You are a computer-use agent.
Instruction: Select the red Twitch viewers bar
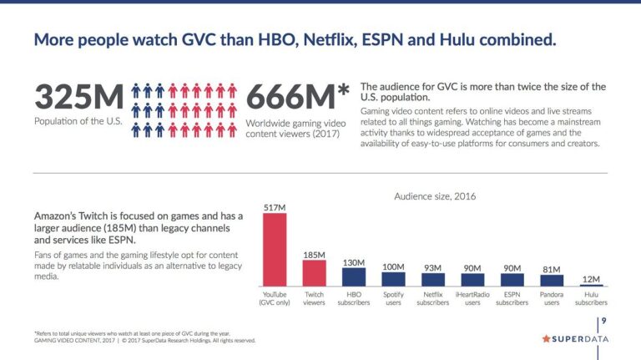coord(315,273)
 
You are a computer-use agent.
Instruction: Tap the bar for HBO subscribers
coord(354,277)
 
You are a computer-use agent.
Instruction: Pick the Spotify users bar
coord(393,280)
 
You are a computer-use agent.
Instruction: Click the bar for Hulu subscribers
coord(590,286)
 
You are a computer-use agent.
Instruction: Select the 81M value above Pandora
coord(551,268)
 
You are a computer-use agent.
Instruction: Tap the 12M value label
coord(590,279)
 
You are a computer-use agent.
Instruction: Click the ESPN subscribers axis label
coord(512,298)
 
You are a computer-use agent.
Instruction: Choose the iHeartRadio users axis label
coord(472,298)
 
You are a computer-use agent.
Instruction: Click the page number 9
coord(603,322)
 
